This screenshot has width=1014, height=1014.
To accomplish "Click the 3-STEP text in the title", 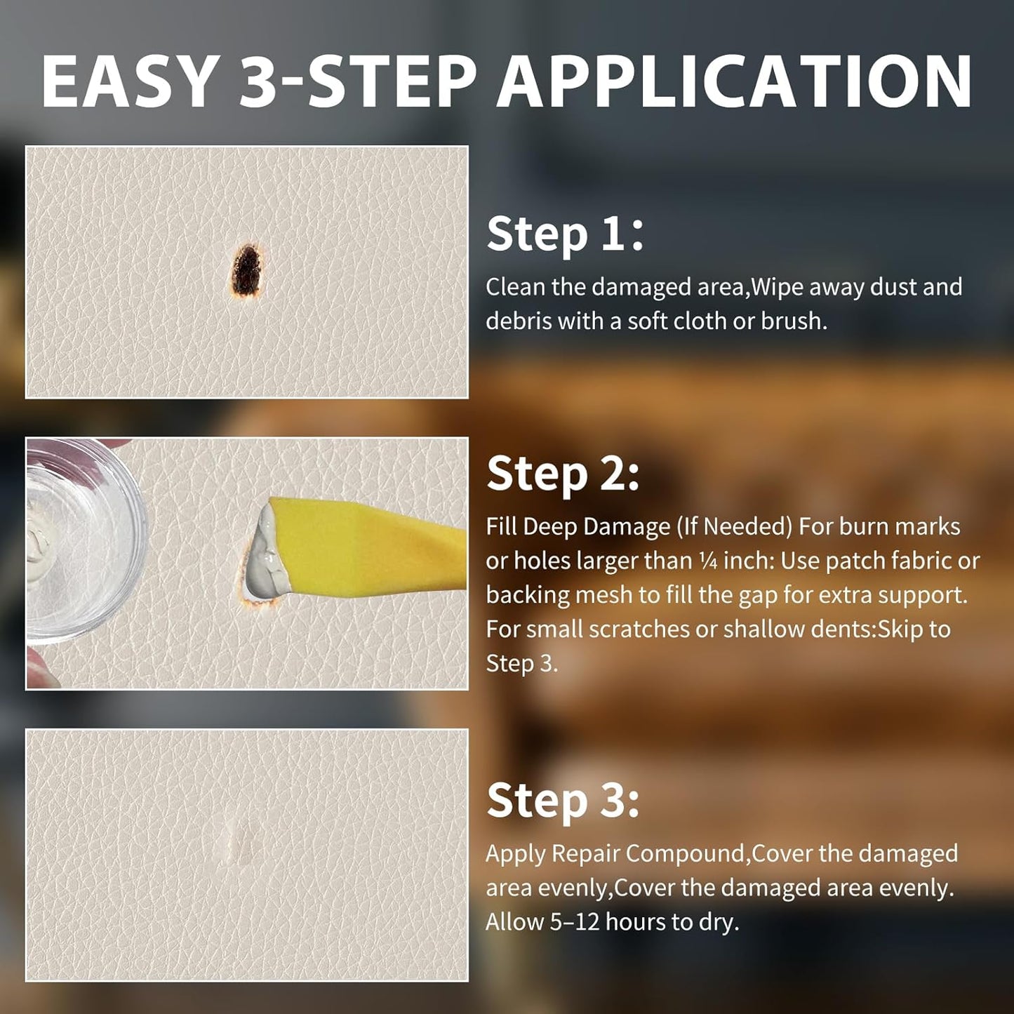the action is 357,81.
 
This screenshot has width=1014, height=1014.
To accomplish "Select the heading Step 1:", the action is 565,234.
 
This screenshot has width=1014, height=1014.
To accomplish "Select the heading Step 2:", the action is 563,474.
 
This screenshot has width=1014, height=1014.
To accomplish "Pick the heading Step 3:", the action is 563,801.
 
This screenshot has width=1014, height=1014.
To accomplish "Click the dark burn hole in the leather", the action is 246,271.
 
